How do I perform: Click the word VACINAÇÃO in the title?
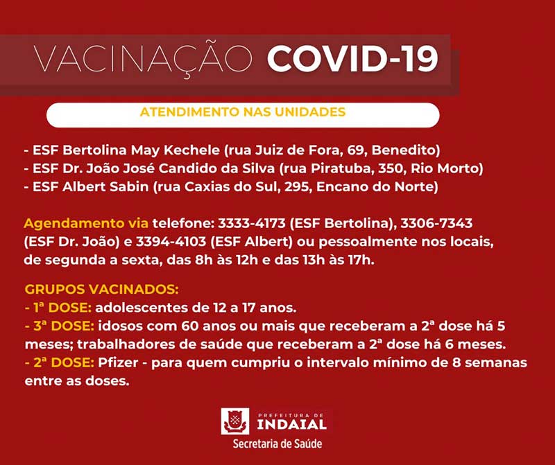click(x=145, y=60)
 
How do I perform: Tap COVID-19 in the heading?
click(x=352, y=60)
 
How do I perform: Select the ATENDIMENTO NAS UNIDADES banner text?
click(x=242, y=112)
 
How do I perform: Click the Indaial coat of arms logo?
click(x=234, y=421)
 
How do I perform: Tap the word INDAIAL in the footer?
click(x=291, y=423)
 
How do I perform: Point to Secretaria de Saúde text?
click(x=277, y=444)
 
